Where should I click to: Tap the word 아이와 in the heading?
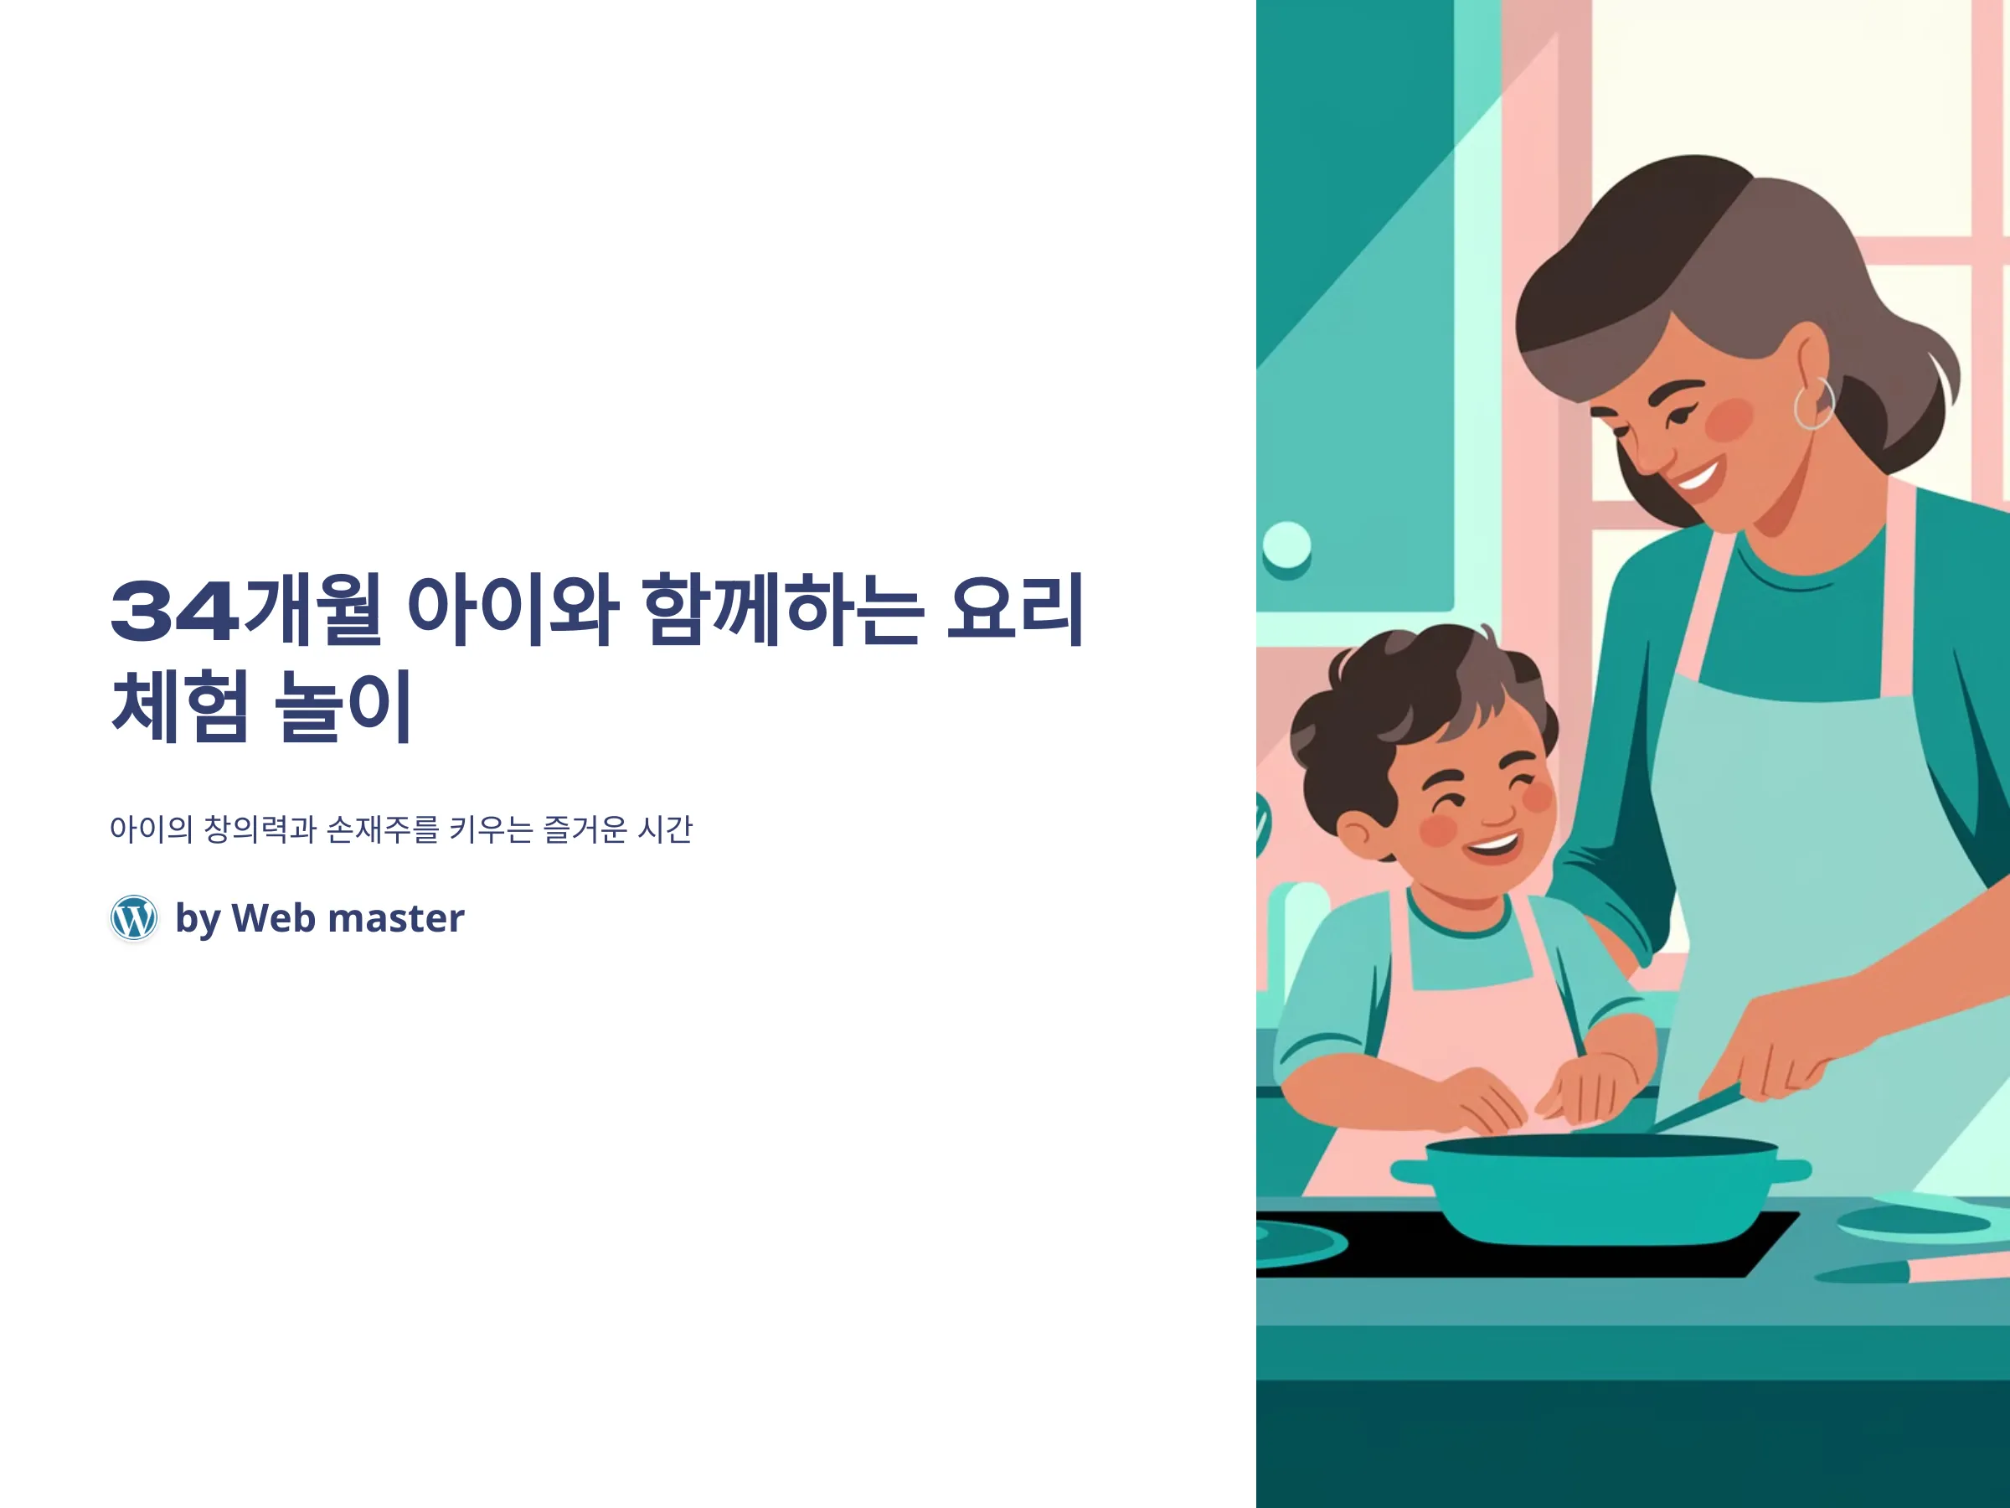[513, 609]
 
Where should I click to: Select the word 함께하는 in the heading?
[782, 609]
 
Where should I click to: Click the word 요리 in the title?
[1015, 609]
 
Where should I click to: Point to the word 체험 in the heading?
[180, 705]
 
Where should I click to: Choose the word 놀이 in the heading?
[343, 705]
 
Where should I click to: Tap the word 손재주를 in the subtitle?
[383, 829]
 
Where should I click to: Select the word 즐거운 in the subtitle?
[585, 829]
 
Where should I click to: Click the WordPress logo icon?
[133, 917]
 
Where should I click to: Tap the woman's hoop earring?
[1814, 405]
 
